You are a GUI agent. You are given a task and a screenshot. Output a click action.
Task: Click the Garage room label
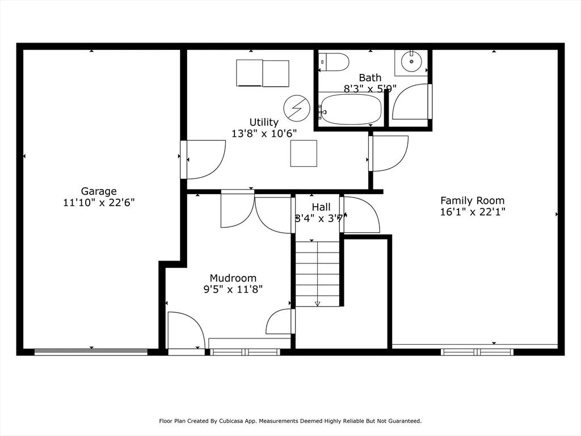99,191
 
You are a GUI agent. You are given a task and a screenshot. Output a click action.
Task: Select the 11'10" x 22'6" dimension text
99,202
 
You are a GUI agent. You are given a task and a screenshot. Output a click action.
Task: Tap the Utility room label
264,122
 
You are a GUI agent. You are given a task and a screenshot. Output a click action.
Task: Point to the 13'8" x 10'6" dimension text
264,133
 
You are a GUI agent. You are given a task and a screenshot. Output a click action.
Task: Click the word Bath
370,77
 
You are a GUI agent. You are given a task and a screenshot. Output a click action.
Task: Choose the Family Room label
472,200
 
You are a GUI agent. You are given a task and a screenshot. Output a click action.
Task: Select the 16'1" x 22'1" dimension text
472,212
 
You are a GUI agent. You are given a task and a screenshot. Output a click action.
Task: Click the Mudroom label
233,278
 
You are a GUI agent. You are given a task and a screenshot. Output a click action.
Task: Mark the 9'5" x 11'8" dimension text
233,289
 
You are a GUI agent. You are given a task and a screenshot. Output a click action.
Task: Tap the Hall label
321,207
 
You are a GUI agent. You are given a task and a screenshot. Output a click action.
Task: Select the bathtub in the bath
350,109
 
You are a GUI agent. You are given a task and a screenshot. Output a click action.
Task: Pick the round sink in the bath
411,60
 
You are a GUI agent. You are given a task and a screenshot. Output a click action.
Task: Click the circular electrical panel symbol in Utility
297,108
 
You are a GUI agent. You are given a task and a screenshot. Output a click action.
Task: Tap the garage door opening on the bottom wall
91,352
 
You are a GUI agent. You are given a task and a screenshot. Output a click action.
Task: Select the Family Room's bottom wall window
477,352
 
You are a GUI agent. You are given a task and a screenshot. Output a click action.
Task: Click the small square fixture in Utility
304,153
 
